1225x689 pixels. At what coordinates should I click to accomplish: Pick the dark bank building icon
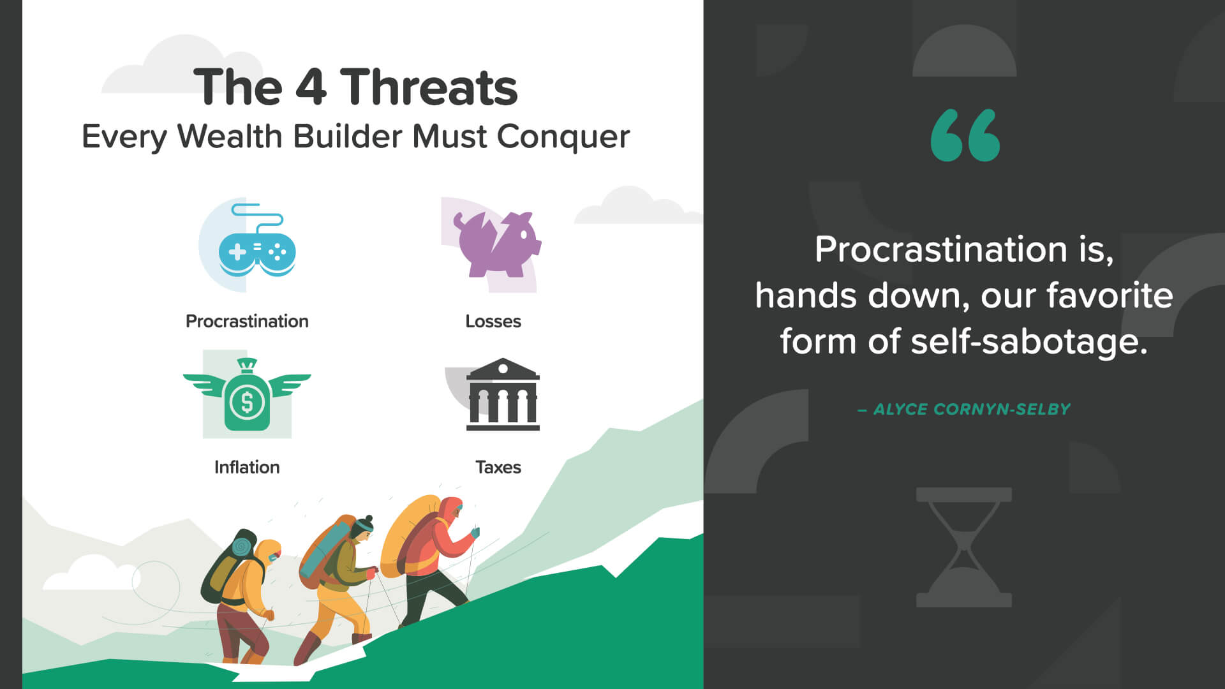503,394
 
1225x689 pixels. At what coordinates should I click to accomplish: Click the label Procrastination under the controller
247,321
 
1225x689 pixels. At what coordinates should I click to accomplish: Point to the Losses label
493,321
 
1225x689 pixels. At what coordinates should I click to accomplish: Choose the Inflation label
247,467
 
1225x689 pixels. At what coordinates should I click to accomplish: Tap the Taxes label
498,467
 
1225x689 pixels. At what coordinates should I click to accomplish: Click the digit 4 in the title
311,87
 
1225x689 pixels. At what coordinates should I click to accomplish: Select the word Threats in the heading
429,87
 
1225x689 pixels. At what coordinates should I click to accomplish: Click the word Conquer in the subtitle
563,137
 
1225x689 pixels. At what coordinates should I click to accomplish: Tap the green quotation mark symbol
965,135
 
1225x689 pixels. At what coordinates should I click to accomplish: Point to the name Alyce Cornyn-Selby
972,410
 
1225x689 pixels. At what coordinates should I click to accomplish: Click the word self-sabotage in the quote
1029,341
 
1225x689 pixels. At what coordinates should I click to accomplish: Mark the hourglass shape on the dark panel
964,547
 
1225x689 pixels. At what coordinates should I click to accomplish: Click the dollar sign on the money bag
247,403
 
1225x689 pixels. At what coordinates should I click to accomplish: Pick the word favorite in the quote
1110,295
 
